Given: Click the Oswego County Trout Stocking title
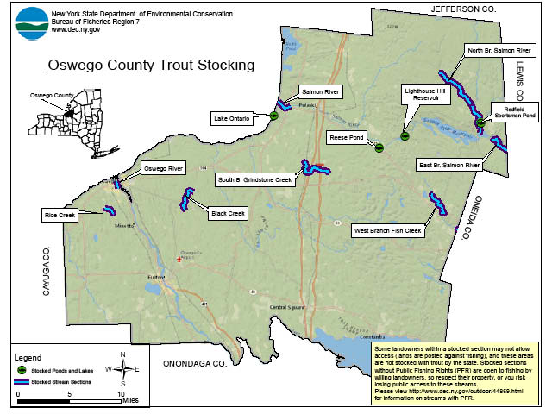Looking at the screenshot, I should point(151,65).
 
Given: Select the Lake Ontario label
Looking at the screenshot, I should point(231,117).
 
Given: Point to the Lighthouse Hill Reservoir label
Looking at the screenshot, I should point(424,94).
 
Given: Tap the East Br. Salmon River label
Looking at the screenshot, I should point(448,164).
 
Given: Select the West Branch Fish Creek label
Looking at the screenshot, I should point(387,231).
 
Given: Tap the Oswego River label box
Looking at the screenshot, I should point(164,168).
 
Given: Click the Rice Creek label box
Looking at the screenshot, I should point(61,214).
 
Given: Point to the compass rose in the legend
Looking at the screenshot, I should point(123,369).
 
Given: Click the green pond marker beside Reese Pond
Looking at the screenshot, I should point(379,147).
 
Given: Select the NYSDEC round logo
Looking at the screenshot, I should point(32,23).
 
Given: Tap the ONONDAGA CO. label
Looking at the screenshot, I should point(190,364).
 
